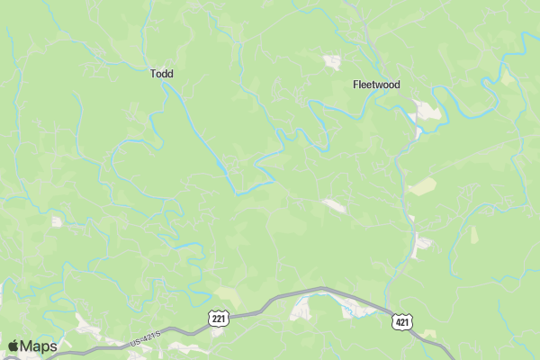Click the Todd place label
click(162, 74)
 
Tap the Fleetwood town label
click(376, 85)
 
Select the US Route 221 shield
click(220, 318)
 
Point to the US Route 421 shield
click(402, 321)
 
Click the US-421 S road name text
click(145, 339)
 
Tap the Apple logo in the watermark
click(13, 346)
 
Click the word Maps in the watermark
click(39, 346)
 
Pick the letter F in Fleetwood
click(355, 85)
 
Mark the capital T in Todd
click(153, 74)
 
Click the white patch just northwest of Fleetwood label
click(332, 62)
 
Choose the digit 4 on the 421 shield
click(397, 321)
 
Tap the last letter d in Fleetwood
click(397, 85)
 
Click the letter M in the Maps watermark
click(27, 346)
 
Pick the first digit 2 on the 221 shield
click(215, 318)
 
